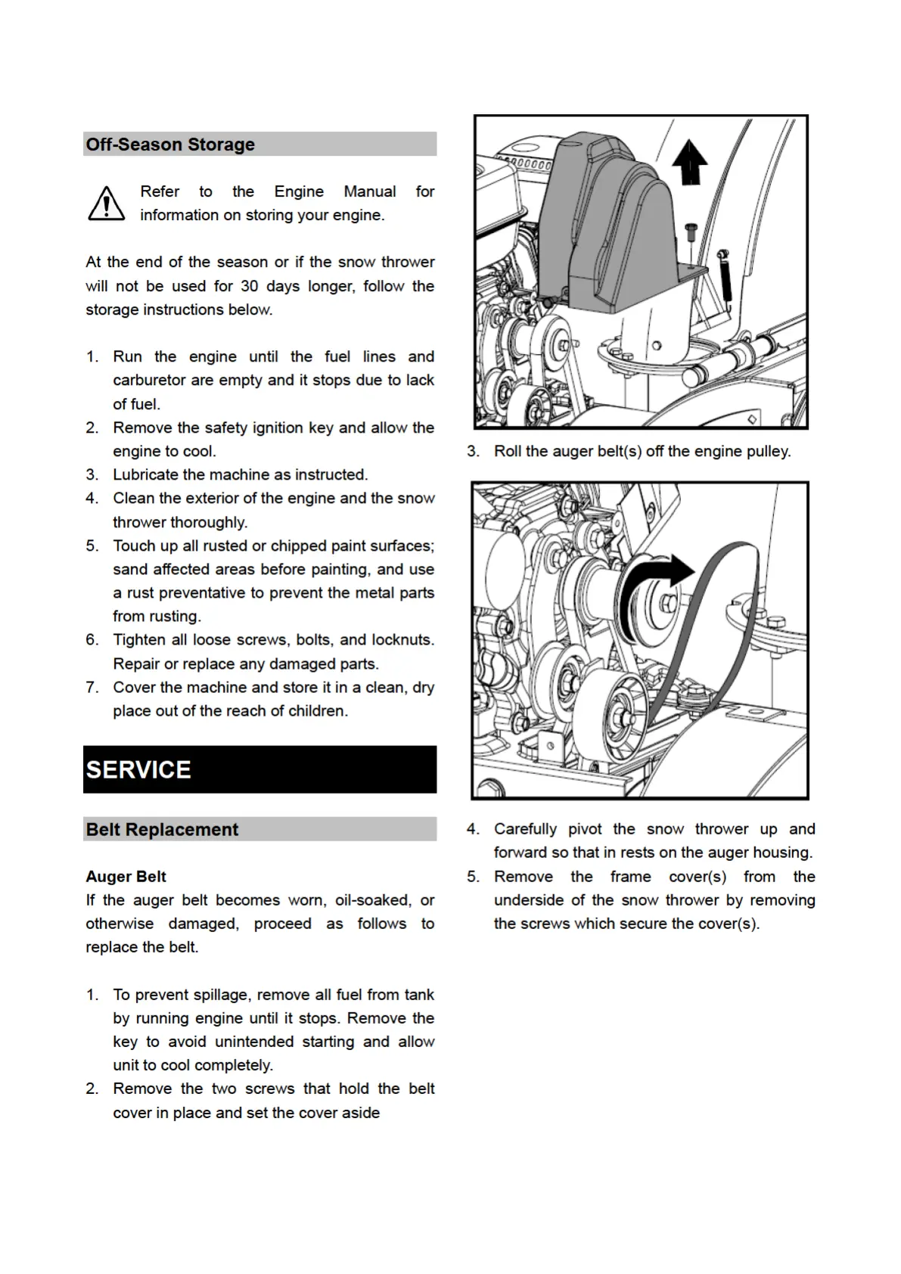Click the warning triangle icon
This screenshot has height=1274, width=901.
click(x=107, y=204)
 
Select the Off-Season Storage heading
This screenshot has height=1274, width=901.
click(x=170, y=144)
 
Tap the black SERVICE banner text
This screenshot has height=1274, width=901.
click(x=138, y=769)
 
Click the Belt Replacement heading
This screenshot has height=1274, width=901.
click(x=162, y=829)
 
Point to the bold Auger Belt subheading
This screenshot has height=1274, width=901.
click(x=126, y=876)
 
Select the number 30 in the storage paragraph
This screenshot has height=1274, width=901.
click(x=250, y=286)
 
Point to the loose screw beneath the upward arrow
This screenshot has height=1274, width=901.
click(x=690, y=232)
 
